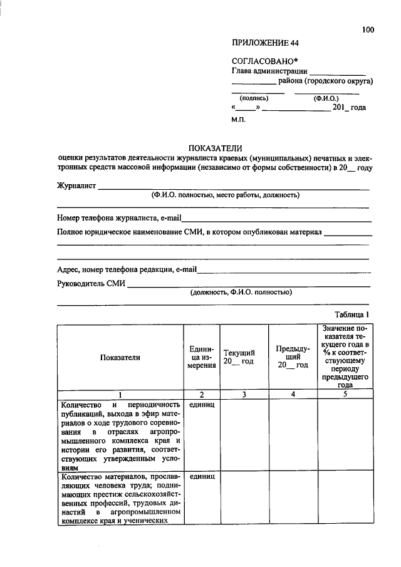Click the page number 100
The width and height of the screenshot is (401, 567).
coord(368,29)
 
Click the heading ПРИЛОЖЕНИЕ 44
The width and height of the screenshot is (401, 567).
coord(266,43)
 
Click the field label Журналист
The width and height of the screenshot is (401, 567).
coord(76,185)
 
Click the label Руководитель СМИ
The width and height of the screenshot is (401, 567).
coord(91,283)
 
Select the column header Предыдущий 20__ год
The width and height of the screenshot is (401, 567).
coord(293,357)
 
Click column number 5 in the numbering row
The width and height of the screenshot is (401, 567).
coord(345,394)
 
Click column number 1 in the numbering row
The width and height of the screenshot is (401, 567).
coord(120,394)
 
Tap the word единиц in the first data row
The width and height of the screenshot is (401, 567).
coord(202,405)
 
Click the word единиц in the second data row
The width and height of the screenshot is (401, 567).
coord(202,477)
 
